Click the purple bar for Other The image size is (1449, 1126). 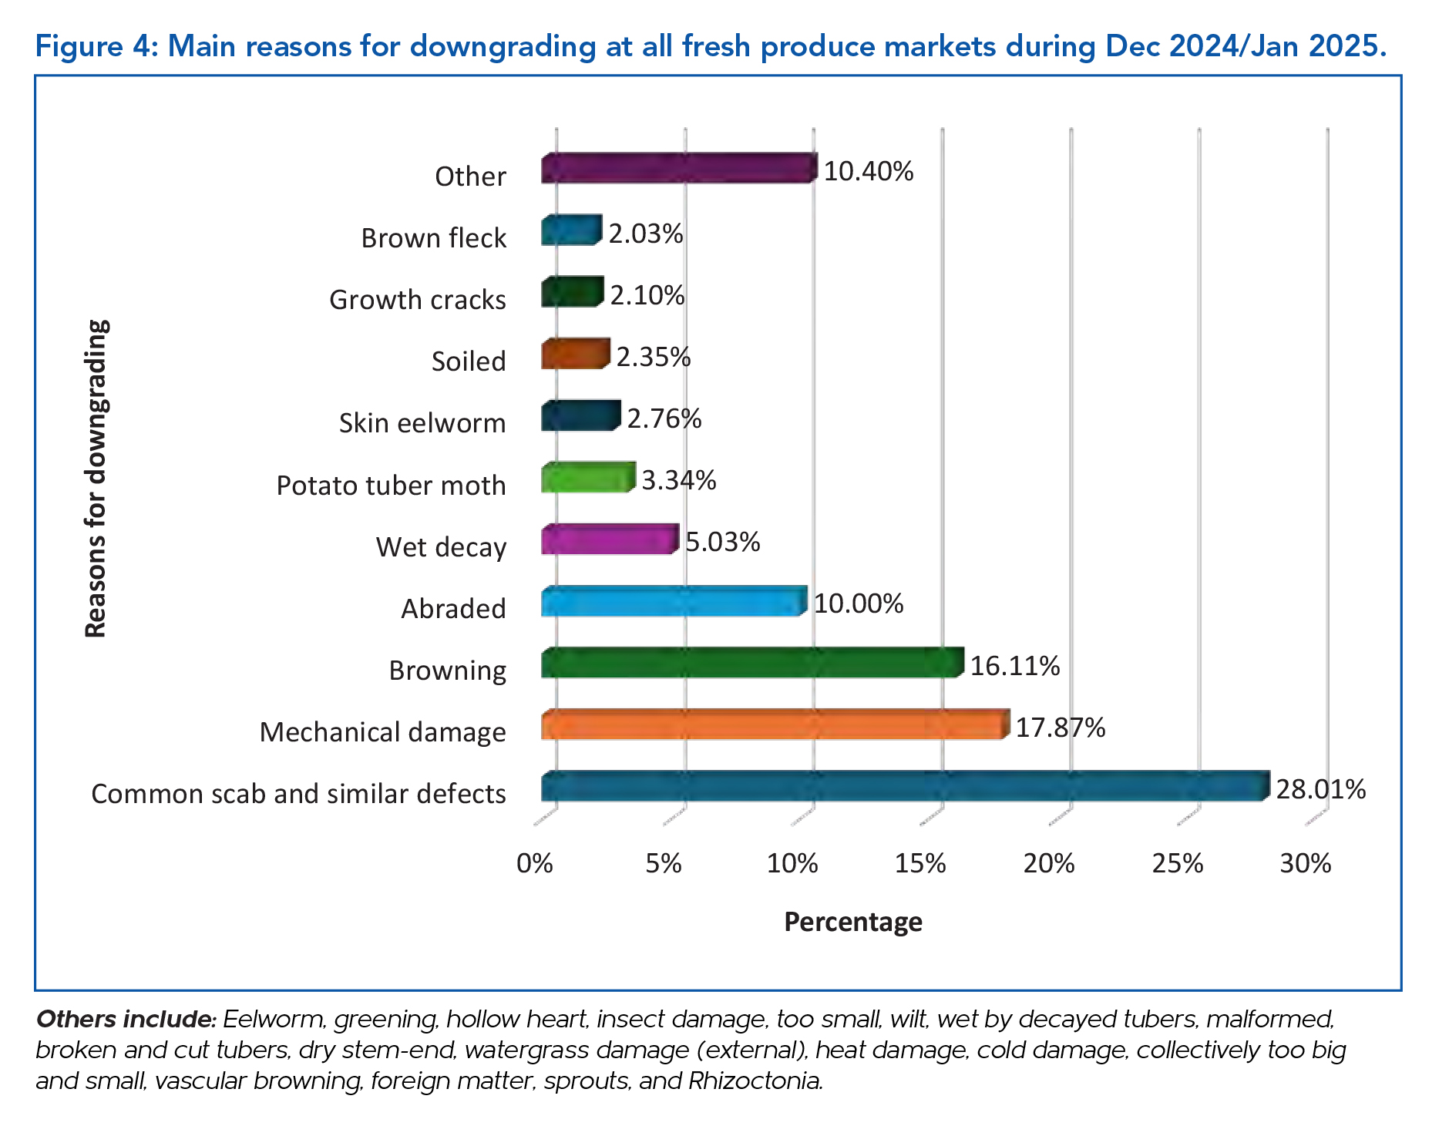coord(678,169)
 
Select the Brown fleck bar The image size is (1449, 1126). coord(570,231)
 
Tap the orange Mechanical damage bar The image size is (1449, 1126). coord(774,725)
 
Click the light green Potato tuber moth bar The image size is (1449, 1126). coord(587,479)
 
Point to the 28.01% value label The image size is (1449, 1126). coord(1320,789)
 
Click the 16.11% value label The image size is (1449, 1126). coord(1014,666)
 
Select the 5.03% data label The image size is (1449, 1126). coord(722,542)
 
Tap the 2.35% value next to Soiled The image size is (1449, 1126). coord(653,357)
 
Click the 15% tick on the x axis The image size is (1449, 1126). coord(920,863)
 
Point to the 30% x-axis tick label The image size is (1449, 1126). coord(1306,863)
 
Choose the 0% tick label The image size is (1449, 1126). coord(535,863)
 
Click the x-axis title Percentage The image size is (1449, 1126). coord(852,922)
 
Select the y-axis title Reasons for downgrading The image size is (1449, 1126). coord(96,479)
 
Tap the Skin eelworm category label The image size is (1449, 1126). coord(422,423)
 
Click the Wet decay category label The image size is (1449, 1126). coord(441,547)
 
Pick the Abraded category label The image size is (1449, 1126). coord(453,609)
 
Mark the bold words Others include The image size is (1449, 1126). coord(126,1019)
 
